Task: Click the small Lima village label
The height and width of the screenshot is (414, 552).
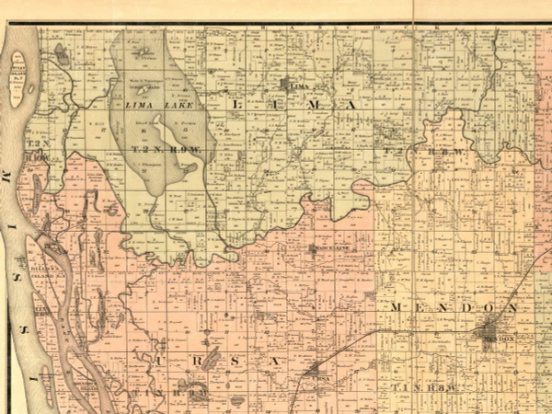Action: (x=296, y=86)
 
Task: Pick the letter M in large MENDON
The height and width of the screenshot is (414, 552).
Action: (x=396, y=306)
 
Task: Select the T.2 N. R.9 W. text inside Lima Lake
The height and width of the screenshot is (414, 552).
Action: (x=158, y=148)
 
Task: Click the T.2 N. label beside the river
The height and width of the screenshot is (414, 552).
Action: (x=36, y=147)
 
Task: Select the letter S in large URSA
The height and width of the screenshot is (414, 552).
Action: (x=234, y=362)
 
